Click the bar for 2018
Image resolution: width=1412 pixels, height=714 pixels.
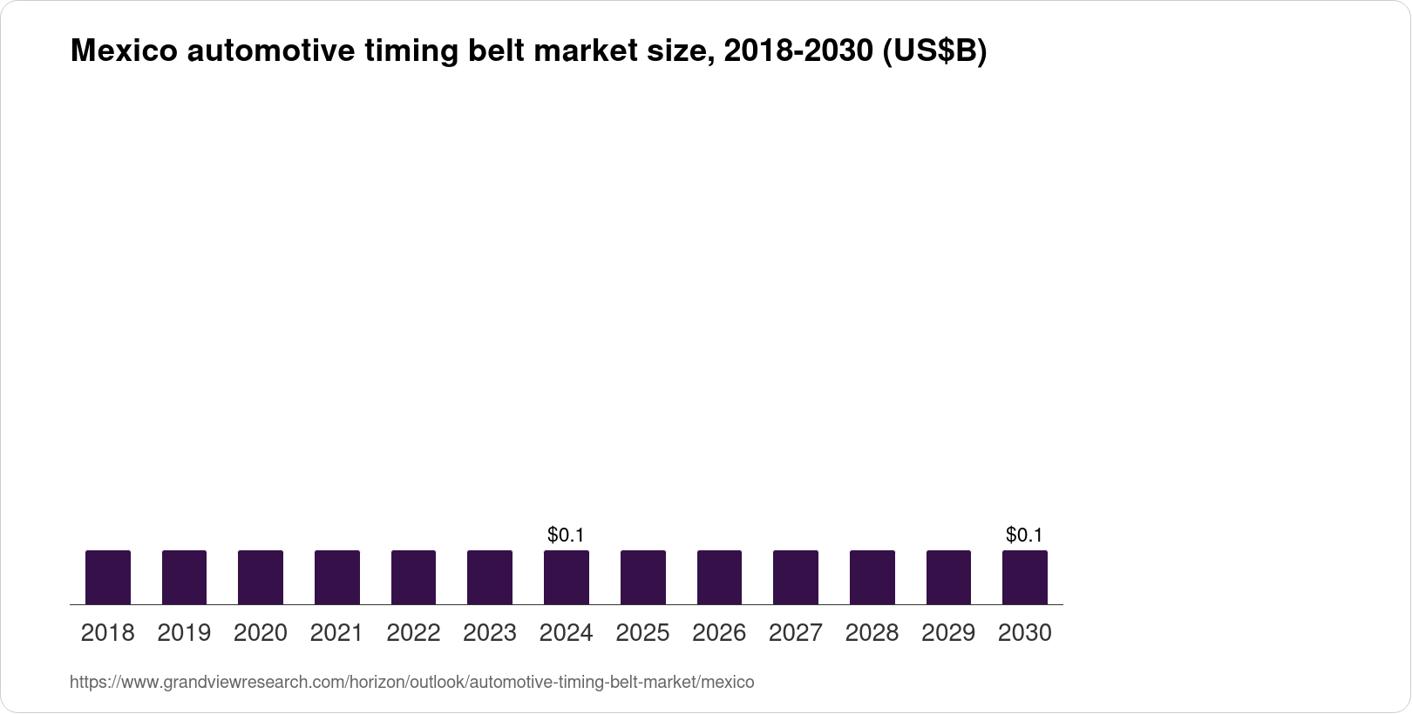(x=107, y=577)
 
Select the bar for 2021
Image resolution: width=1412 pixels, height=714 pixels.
(x=336, y=577)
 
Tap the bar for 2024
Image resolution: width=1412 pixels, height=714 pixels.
(x=566, y=577)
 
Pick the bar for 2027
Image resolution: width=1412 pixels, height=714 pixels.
(x=795, y=577)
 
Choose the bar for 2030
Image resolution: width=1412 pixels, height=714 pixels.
(x=1024, y=577)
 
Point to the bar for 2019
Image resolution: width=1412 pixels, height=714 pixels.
(x=184, y=577)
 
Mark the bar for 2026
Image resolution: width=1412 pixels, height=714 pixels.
(x=719, y=577)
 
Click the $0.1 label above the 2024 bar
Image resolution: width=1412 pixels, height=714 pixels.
(x=566, y=535)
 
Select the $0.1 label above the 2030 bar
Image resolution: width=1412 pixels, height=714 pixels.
(x=1024, y=535)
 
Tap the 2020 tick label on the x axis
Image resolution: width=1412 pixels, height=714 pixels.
(x=260, y=633)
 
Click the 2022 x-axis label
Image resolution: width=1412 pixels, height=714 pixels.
(x=413, y=633)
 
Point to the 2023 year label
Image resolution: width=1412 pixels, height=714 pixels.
(x=490, y=633)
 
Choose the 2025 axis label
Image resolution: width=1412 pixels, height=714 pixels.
(x=642, y=633)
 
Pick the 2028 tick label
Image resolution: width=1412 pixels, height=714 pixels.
(x=872, y=633)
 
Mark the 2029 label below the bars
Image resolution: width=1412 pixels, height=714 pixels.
(x=948, y=633)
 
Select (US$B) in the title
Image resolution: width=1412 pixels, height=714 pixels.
(x=934, y=51)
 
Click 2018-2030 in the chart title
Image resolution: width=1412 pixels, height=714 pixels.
(x=798, y=51)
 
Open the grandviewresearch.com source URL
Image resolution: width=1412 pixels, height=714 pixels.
(x=411, y=683)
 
